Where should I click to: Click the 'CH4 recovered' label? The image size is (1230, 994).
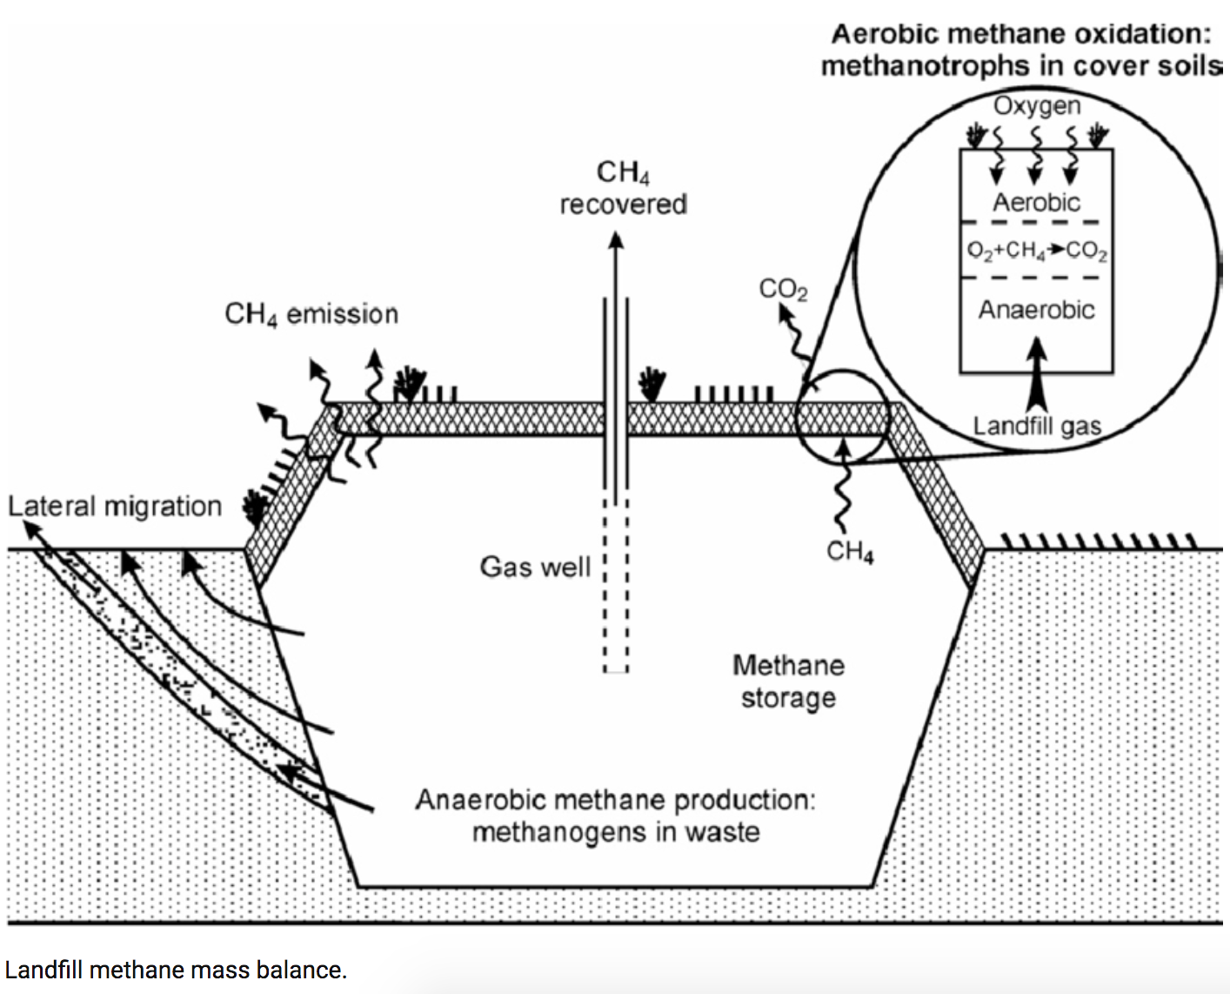point(623,188)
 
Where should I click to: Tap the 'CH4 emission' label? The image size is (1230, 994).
point(311,314)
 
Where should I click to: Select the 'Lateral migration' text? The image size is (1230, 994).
point(115,506)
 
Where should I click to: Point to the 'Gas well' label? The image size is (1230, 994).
point(535,567)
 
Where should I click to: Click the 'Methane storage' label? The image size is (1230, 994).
point(788,682)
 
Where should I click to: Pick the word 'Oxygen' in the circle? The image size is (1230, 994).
point(1037,106)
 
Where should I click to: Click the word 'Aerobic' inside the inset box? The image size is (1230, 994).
point(1036,203)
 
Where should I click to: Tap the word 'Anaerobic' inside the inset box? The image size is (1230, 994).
point(1036,310)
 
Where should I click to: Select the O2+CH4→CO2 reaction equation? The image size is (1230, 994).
point(1037,251)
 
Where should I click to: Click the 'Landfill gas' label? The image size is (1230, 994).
point(1037,426)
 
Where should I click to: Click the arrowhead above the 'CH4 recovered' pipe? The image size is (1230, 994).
point(616,240)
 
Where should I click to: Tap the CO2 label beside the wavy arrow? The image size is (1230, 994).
point(783,289)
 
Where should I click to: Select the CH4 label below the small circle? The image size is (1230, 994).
point(850,552)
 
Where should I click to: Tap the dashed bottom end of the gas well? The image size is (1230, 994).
point(616,668)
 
